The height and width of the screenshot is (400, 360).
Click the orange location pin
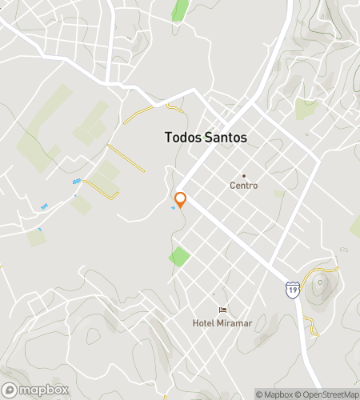click(x=181, y=200)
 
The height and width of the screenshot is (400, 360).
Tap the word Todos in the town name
click(x=183, y=138)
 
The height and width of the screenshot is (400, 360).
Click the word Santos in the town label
click(x=226, y=138)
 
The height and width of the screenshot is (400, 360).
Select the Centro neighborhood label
click(x=243, y=186)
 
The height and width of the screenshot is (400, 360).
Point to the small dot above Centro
click(x=244, y=175)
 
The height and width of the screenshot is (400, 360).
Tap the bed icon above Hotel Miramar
click(x=222, y=310)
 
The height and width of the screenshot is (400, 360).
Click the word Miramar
click(x=233, y=323)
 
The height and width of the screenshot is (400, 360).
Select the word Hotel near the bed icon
click(x=202, y=323)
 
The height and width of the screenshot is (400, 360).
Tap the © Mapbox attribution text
click(x=274, y=394)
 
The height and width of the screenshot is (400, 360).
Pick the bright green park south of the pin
click(x=179, y=258)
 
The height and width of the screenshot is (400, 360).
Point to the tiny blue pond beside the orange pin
click(x=174, y=209)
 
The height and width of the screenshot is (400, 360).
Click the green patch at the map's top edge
click(x=180, y=10)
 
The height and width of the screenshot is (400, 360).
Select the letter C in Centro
click(x=232, y=186)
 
